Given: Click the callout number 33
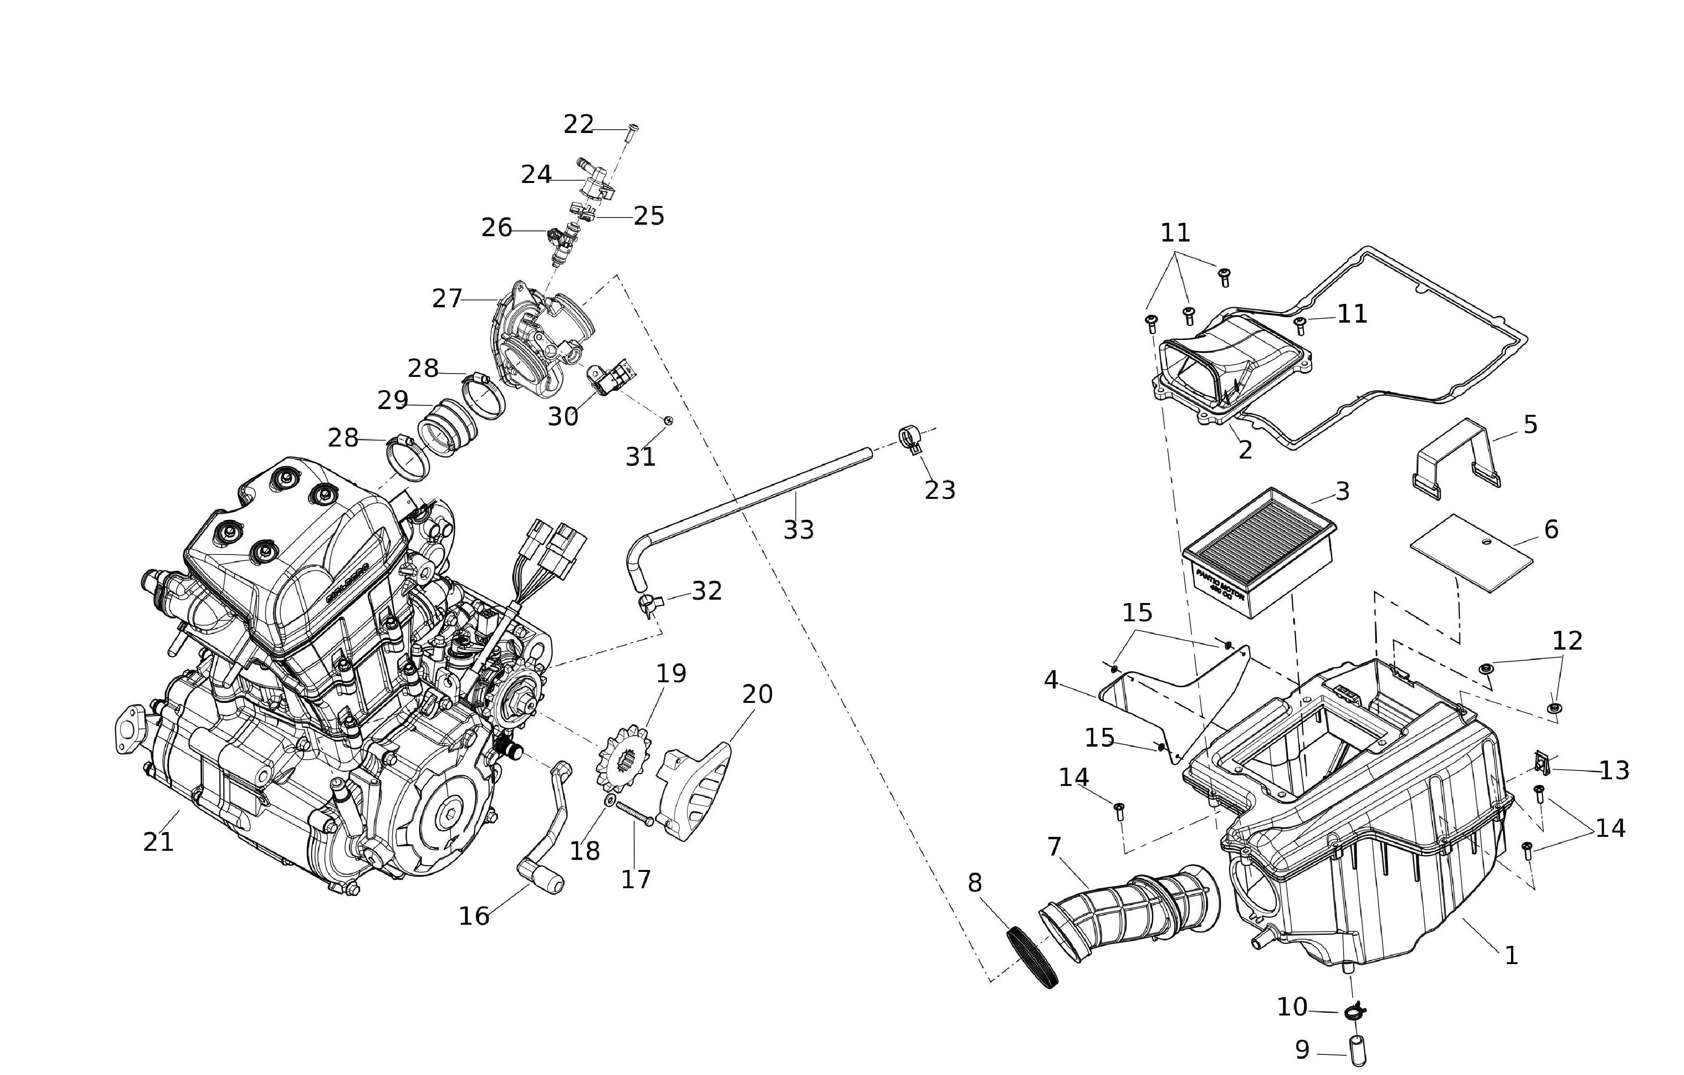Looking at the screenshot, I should click(x=798, y=530).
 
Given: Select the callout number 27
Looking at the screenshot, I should click(x=447, y=299).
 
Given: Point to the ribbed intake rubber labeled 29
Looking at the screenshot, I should click(x=447, y=427).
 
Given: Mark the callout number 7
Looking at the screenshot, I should click(x=1054, y=847).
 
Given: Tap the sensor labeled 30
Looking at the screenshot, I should click(x=610, y=378).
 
